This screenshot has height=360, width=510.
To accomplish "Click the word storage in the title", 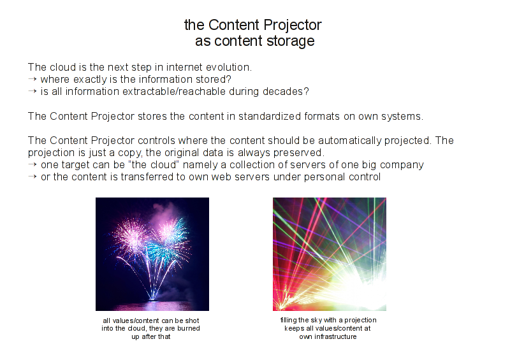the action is [x=290, y=41].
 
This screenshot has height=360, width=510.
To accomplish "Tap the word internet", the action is [x=184, y=68].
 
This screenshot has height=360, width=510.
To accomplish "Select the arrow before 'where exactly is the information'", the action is [x=33, y=80].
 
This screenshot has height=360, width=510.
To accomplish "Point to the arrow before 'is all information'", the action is [x=33, y=91].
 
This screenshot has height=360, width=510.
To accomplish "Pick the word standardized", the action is [x=270, y=117].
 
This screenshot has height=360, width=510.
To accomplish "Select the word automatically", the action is [x=349, y=141].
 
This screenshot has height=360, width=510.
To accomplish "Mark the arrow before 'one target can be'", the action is [x=33, y=164].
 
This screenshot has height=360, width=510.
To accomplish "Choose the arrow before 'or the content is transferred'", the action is [x=33, y=177].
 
